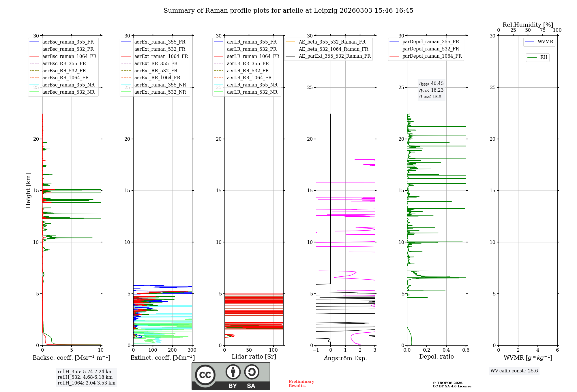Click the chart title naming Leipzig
click(288, 11)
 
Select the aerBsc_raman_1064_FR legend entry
click(69, 56)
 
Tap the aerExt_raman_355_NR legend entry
click(160, 85)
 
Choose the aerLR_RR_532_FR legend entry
click(248, 71)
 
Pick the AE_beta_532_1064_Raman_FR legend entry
click(333, 49)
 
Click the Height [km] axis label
click(28, 190)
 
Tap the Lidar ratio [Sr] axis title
click(254, 357)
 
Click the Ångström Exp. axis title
click(345, 358)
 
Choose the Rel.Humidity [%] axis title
click(528, 25)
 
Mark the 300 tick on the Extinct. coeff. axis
click(192, 350)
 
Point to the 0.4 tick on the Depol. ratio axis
click(446, 350)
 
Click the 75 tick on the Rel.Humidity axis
click(542, 30)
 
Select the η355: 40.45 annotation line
click(431, 84)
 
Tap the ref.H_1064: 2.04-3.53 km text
click(86, 383)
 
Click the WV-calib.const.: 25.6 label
click(514, 371)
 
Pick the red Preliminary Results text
click(301, 383)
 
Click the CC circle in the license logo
click(205, 375)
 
